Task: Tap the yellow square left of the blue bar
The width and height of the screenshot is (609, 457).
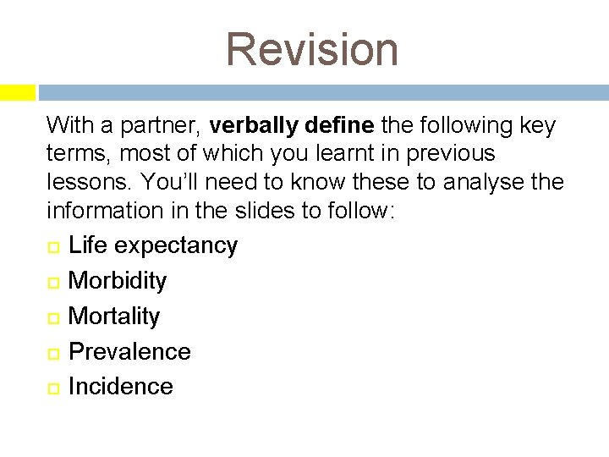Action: pyautogui.click(x=17, y=91)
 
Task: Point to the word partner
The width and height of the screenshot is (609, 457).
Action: pyautogui.click(x=159, y=127)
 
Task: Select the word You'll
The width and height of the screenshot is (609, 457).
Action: pyautogui.click(x=170, y=181)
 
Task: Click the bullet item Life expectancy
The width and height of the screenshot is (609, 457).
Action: pyautogui.click(x=152, y=245)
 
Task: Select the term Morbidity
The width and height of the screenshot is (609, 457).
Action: pyautogui.click(x=117, y=280)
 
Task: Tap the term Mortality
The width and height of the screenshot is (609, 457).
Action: pyautogui.click(x=113, y=316)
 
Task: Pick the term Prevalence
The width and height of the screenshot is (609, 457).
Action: pyautogui.click(x=129, y=351)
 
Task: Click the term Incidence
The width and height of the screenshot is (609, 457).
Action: pyautogui.click(x=120, y=387)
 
